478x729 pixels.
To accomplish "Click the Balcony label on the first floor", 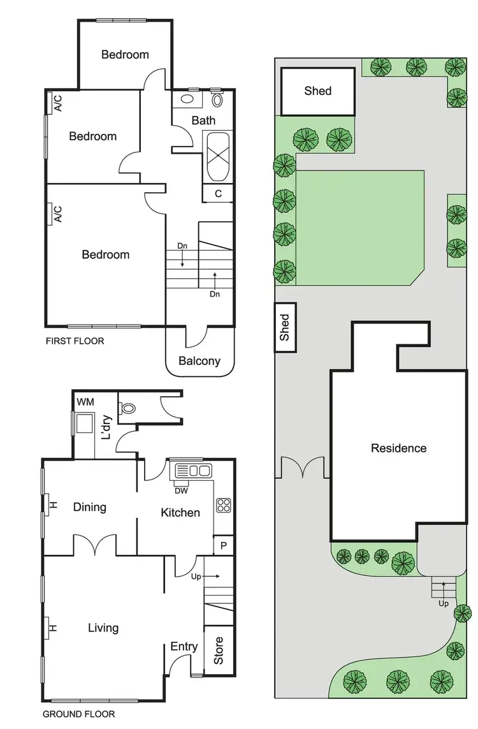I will point(199,361).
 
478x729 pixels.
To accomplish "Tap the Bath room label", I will point(203,120).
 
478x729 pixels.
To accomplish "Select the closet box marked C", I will point(218,194).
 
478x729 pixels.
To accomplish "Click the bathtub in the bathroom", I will point(218,156).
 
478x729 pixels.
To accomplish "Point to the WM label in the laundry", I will point(85,402).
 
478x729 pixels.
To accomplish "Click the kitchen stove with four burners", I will point(224,505).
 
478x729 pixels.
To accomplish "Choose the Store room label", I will point(219,651).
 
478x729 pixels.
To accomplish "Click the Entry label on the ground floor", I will point(184,647).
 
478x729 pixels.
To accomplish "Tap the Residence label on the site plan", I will point(398,448).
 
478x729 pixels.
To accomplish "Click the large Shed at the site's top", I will point(317,91).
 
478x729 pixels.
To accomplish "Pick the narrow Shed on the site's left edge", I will point(284,327).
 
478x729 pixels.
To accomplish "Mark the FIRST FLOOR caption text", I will point(75,341).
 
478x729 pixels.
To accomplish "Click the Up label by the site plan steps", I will point(444,603).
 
